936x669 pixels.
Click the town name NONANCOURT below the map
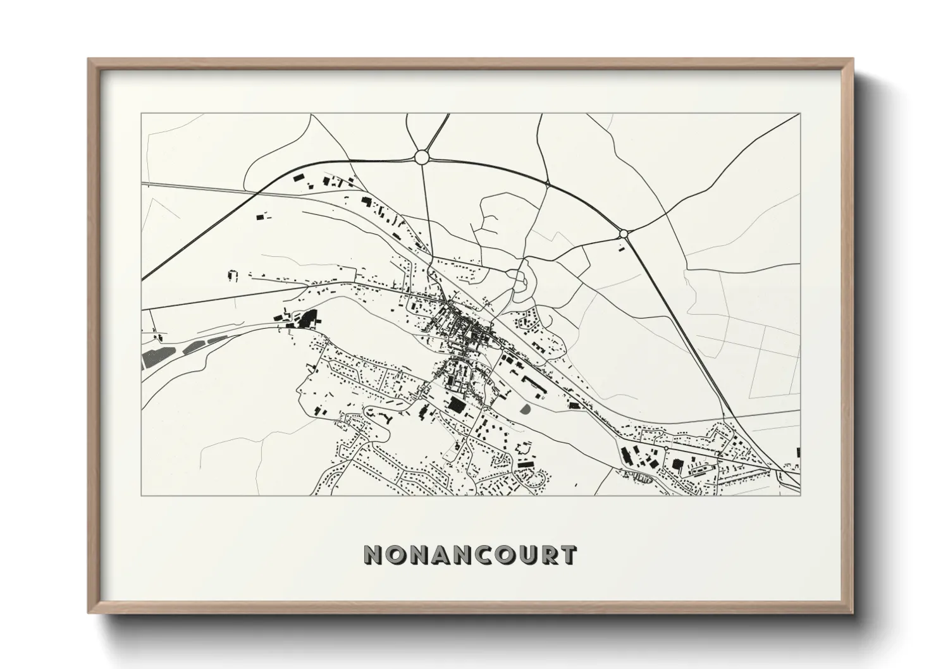pyautogui.click(x=470, y=555)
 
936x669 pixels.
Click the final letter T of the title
pyautogui.click(x=567, y=555)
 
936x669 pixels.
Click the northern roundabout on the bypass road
pyautogui.click(x=422, y=156)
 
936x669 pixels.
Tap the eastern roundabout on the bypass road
pyautogui.click(x=623, y=233)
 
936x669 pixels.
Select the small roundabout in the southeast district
pyautogui.click(x=665, y=448)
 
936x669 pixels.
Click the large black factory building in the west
pyautogui.click(x=307, y=319)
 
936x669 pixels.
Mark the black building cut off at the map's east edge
pyautogui.click(x=798, y=451)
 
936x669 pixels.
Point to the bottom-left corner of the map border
pyautogui.click(x=142, y=495)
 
